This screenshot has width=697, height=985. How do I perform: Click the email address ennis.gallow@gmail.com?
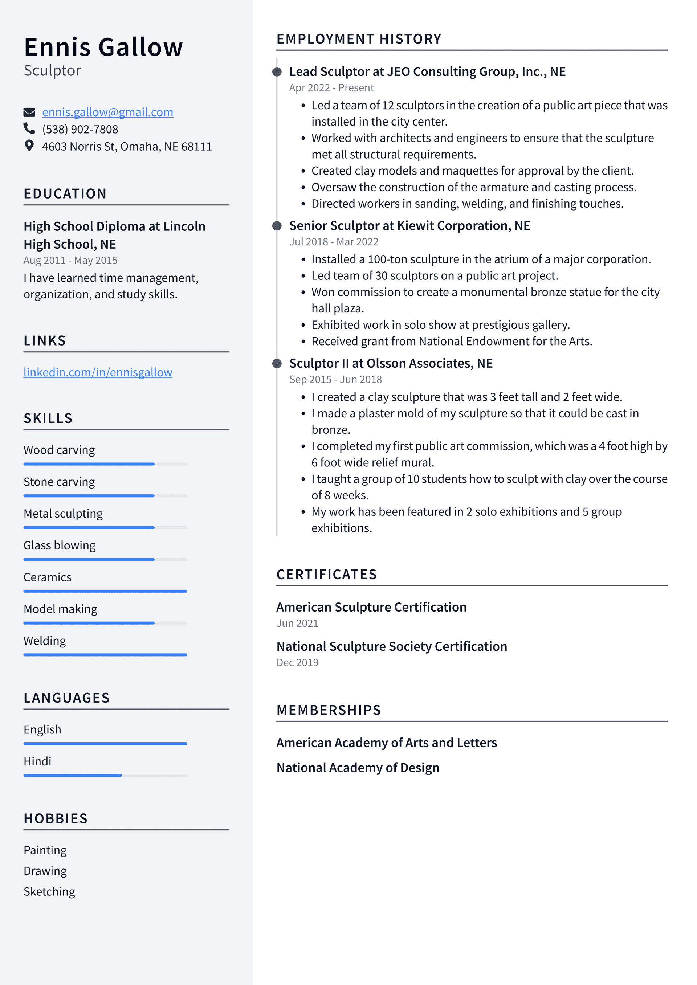tap(107, 112)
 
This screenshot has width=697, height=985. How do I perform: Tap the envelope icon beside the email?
tap(29, 113)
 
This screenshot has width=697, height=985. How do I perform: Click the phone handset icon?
tap(29, 129)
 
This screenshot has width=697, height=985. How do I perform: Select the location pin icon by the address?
tap(29, 146)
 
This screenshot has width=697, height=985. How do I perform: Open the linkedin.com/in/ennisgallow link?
tap(98, 372)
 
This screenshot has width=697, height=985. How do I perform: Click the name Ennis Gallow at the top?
tap(103, 47)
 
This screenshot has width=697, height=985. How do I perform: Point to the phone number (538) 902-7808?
tap(80, 130)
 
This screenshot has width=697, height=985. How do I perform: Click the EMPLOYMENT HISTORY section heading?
tap(359, 39)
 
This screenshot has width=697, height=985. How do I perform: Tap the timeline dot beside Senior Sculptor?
tap(277, 226)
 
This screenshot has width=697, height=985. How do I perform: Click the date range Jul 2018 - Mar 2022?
tap(334, 242)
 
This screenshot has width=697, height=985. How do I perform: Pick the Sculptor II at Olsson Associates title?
tap(391, 363)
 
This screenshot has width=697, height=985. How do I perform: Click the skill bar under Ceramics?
tap(105, 591)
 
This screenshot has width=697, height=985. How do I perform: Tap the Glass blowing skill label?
tap(60, 545)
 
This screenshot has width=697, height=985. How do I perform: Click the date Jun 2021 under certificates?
tap(297, 624)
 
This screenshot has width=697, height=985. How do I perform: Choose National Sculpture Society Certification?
tap(391, 646)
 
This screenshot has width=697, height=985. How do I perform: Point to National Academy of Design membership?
tap(358, 768)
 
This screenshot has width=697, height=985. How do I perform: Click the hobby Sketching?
tap(49, 891)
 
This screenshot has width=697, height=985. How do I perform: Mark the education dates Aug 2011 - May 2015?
tap(70, 261)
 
